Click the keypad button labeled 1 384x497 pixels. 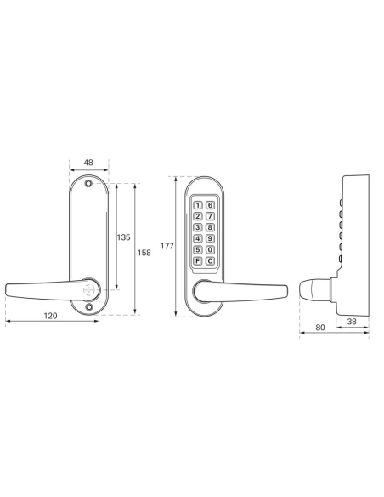(198, 205)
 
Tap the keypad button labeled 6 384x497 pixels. (209, 205)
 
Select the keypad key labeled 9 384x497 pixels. (209, 238)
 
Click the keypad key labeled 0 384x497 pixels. (209, 249)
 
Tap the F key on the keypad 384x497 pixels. (198, 260)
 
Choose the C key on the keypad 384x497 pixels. (209, 260)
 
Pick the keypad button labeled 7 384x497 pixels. (209, 216)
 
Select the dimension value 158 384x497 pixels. (144, 252)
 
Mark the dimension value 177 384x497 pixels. (167, 246)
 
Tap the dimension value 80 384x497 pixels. (321, 326)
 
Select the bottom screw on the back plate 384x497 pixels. (88, 309)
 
